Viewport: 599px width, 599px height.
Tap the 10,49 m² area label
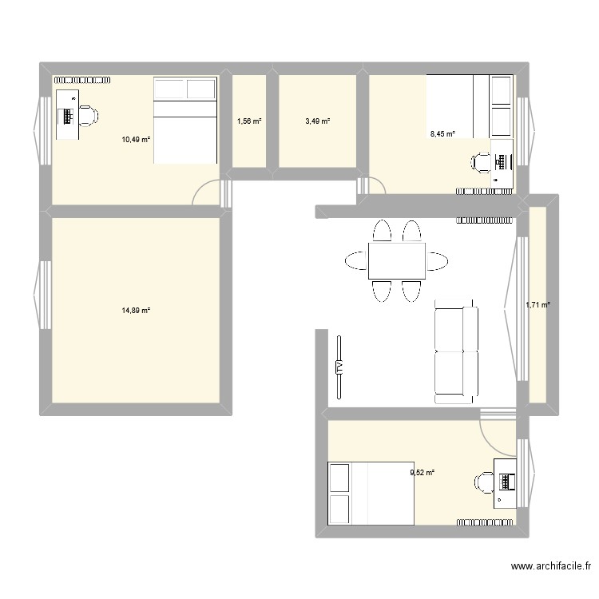pyautogui.click(x=136, y=139)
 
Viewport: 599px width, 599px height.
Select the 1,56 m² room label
pyautogui.click(x=249, y=121)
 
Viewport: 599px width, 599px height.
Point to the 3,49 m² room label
pyautogui.click(x=317, y=121)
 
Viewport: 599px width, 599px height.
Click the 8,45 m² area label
pyautogui.click(x=442, y=134)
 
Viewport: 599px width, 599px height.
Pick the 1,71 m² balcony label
pyautogui.click(x=538, y=303)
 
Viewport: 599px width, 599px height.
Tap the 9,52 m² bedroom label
pyautogui.click(x=422, y=473)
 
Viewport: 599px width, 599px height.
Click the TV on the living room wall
pyautogui.click(x=339, y=367)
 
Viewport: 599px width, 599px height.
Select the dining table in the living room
pyautogui.click(x=396, y=261)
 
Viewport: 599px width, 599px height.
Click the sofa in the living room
pyautogui.click(x=455, y=351)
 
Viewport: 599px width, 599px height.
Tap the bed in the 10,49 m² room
pyautogui.click(x=185, y=120)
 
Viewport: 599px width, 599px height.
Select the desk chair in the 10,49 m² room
pyautogui.click(x=87, y=116)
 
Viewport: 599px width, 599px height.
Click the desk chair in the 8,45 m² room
pyautogui.click(x=482, y=163)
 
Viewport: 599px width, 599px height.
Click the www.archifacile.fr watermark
pyautogui.click(x=550, y=567)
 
